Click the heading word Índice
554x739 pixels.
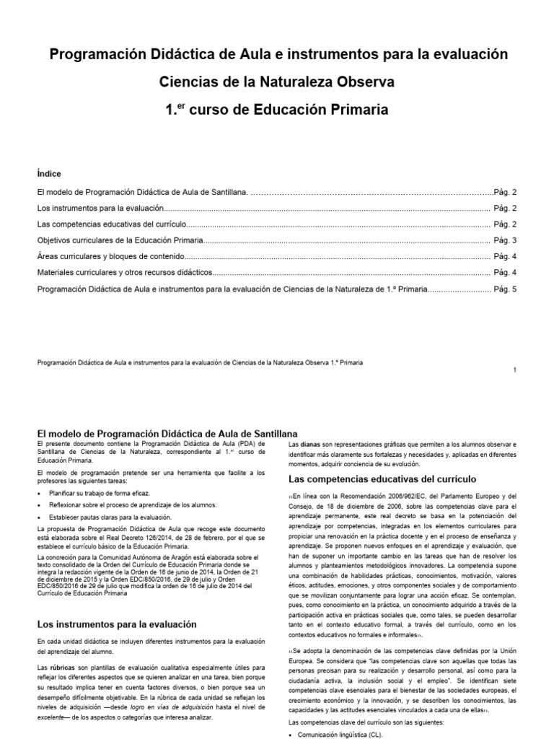tap(48, 174)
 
